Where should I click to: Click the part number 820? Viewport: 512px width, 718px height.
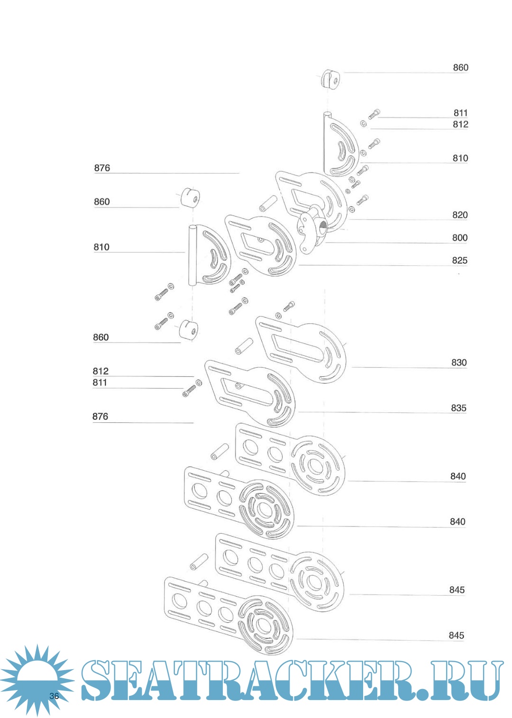[x=459, y=215]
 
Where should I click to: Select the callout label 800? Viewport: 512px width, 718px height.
[x=459, y=237]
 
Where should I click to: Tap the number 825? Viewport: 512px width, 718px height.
[x=459, y=260]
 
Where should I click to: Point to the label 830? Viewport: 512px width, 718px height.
[x=458, y=363]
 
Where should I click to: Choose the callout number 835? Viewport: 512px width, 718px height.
[x=458, y=408]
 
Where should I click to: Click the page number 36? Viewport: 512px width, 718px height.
[x=54, y=696]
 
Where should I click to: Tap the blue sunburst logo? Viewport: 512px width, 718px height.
[x=37, y=679]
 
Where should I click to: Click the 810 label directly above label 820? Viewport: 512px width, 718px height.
[x=460, y=158]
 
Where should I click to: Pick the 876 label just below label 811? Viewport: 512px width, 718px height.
[x=100, y=417]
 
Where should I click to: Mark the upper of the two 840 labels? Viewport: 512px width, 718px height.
[x=457, y=476]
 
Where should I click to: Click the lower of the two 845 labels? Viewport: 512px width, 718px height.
[x=456, y=636]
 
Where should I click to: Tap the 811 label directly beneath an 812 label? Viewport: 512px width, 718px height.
[x=100, y=382]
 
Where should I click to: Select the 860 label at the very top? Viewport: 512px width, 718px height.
[x=460, y=68]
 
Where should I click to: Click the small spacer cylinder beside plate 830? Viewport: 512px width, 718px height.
[x=244, y=346]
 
